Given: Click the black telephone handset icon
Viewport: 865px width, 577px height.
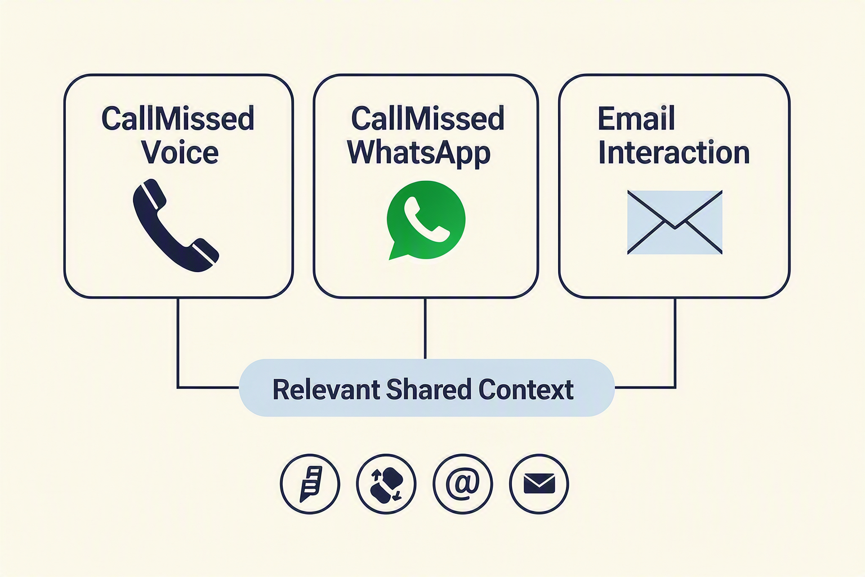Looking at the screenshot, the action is (x=176, y=225).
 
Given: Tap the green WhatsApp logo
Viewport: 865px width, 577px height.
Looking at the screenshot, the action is (x=426, y=220).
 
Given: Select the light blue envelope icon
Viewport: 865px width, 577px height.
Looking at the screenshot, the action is (x=675, y=222).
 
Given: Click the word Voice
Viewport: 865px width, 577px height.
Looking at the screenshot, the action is (x=180, y=152).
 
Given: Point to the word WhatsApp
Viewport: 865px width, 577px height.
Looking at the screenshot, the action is (x=418, y=153).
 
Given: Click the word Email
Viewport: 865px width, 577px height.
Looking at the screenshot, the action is (x=636, y=118).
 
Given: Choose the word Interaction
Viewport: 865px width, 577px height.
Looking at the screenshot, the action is (x=674, y=152).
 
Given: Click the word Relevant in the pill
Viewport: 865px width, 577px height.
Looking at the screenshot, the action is (x=326, y=389).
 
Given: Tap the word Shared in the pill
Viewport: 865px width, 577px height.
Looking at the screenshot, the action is (x=429, y=389).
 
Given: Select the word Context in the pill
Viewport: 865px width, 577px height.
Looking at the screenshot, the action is (x=526, y=389).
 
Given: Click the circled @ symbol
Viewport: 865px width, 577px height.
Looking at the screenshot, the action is (x=462, y=483).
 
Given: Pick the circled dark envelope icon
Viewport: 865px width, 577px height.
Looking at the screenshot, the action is (x=539, y=483).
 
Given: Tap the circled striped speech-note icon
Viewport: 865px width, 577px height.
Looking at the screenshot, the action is (x=310, y=483).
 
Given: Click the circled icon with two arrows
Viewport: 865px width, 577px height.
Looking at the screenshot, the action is (x=386, y=483).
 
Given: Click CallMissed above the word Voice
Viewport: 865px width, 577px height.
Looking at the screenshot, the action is (x=177, y=118).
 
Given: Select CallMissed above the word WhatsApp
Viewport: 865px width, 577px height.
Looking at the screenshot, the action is (x=427, y=118).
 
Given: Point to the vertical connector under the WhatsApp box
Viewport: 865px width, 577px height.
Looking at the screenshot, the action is (x=425, y=329).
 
